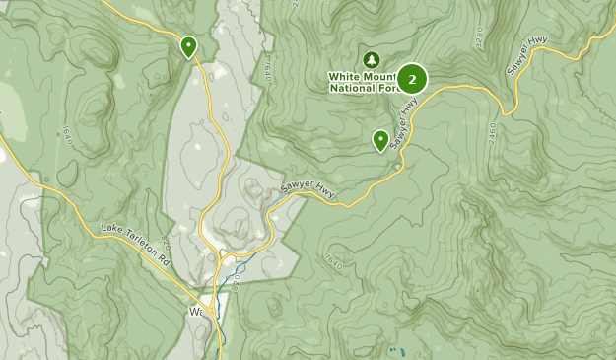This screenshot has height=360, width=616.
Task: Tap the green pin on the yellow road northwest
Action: coord(188,45)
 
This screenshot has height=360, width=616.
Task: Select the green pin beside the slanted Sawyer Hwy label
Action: coord(380,141)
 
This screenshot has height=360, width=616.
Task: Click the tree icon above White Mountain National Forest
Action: coord(372,59)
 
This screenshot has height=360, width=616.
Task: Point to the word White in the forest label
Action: coord(348,75)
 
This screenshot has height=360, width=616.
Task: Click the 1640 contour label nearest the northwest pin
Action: coord(267,70)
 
